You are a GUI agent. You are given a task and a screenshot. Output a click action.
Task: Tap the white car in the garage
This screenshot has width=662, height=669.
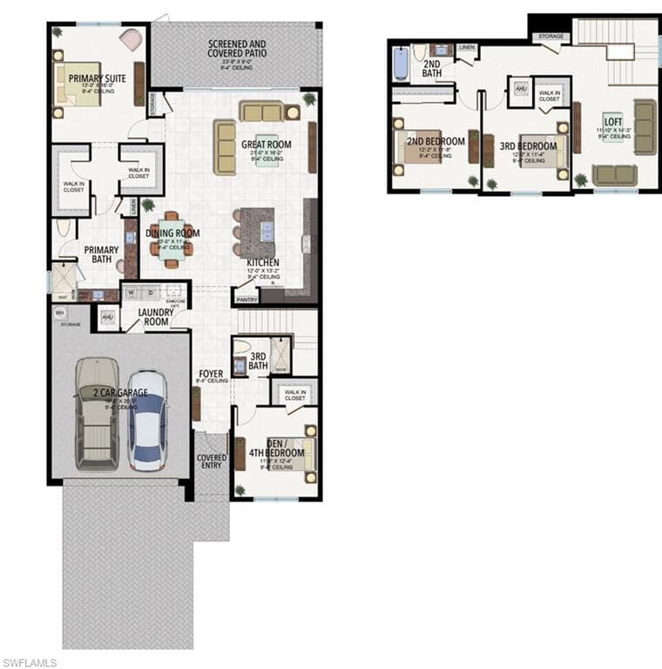coord(147,420)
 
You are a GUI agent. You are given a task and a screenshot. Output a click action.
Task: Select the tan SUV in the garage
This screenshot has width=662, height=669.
coord(96,414)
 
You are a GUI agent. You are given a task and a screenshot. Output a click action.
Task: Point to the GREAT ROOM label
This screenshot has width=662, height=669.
coord(267,145)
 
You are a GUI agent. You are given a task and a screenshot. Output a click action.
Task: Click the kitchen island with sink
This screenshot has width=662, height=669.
coord(258,233)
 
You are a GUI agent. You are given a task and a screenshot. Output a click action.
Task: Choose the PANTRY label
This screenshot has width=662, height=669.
coord(247,299)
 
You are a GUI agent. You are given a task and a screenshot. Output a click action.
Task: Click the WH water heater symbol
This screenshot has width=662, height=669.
coord(60,313)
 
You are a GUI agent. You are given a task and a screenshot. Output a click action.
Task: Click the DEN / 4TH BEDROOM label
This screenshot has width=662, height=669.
coord(285,448)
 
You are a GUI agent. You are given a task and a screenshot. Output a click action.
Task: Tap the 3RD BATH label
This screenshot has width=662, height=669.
coord(258,361)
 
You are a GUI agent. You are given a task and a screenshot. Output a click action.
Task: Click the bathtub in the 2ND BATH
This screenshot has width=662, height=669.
coord(401,64)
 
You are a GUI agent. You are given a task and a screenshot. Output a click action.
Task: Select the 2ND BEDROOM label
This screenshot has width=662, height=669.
coord(436,141)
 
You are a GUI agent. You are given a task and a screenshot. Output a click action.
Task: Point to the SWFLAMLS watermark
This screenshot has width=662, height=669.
coord(29,662)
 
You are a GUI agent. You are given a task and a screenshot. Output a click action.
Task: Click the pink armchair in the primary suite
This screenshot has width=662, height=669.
coord(131,39)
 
